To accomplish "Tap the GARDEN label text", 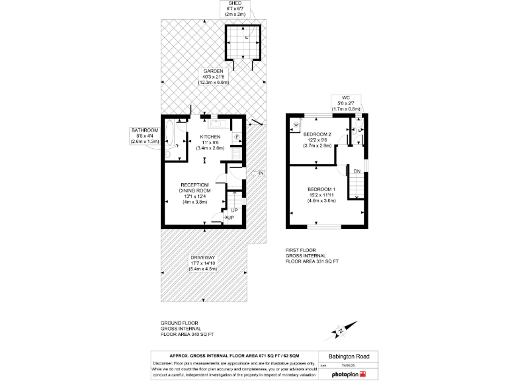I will click(x=213, y=77).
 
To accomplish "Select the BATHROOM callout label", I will click(x=145, y=136).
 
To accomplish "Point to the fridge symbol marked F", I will click(x=237, y=138).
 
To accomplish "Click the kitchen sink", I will click(x=218, y=124).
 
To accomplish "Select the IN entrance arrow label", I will click(x=261, y=173).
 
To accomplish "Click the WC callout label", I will click(x=345, y=103).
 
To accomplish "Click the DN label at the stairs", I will click(x=357, y=171).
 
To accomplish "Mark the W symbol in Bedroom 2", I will click(x=295, y=124).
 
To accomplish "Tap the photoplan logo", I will click(x=345, y=374).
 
